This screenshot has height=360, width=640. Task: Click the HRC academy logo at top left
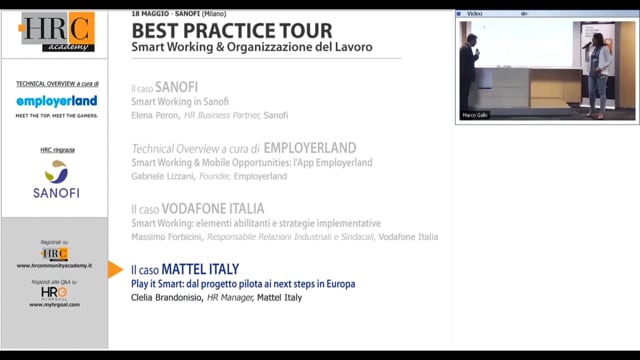click(56, 32)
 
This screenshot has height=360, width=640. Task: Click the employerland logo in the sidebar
click(56, 101)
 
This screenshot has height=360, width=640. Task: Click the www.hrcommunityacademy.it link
click(55, 266)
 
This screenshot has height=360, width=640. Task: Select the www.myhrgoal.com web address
click(55, 304)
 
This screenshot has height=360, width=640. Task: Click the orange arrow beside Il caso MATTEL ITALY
click(115, 269)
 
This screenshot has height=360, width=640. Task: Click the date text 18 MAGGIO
click(153, 13)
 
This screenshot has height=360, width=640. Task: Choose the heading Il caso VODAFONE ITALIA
click(198, 209)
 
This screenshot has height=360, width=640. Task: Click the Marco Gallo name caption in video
click(476, 115)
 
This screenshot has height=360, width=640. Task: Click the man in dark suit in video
click(467, 72)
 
